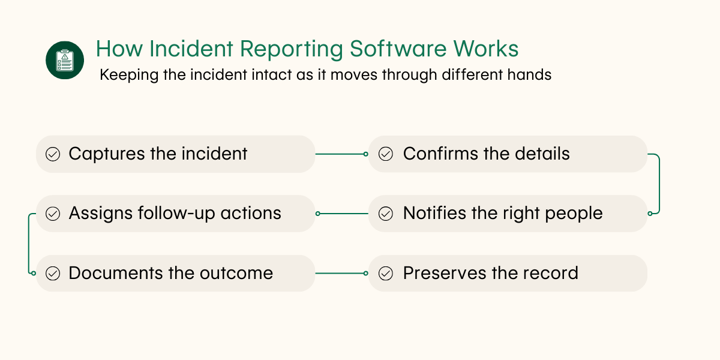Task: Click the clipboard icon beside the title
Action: point(65,60)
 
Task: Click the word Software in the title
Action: point(380,49)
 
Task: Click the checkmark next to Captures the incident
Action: point(53,154)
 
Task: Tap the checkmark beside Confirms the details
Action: point(386,154)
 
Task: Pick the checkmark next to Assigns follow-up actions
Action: point(53,214)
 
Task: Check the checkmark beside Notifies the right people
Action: point(386,214)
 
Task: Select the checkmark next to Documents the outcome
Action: point(53,274)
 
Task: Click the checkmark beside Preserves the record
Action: point(386,274)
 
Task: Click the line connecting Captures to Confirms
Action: point(341,154)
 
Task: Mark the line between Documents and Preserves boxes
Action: point(341,274)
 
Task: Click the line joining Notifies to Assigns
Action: point(342,214)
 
